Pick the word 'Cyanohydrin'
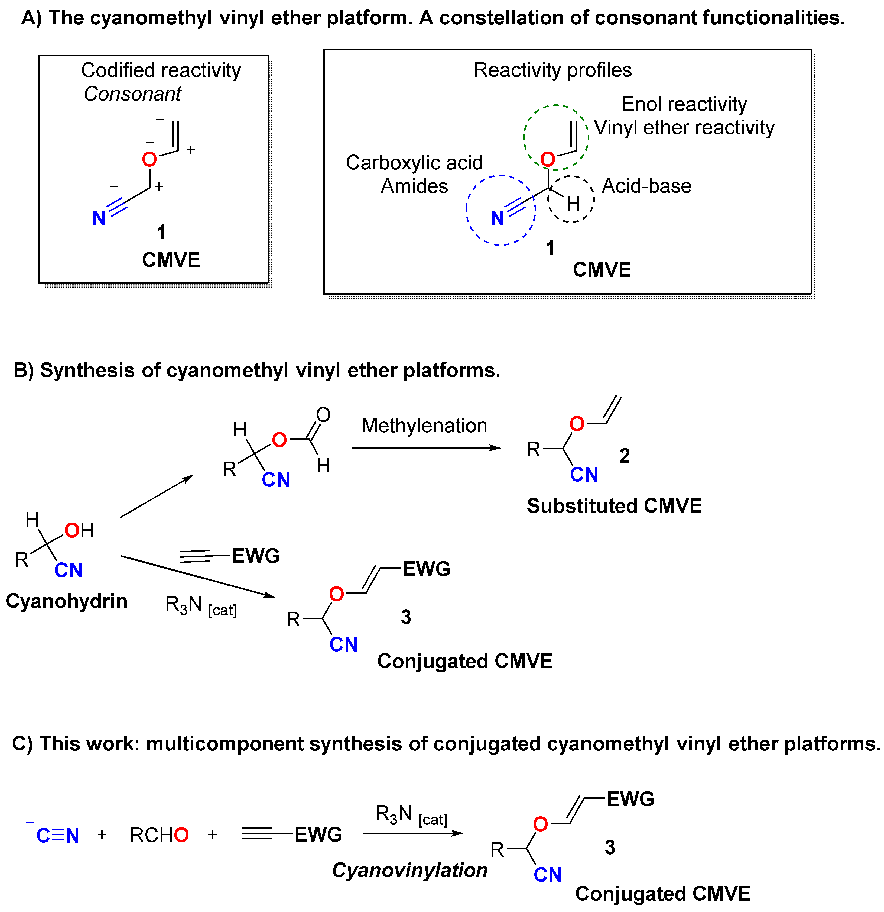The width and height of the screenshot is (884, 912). [x=67, y=601]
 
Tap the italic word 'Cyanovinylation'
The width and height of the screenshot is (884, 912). [x=409, y=870]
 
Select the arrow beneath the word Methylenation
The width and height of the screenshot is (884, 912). [x=425, y=448]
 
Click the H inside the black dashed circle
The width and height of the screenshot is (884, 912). [x=573, y=203]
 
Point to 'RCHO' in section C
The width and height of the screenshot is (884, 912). [x=159, y=836]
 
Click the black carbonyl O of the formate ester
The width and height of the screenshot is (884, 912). [x=323, y=415]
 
